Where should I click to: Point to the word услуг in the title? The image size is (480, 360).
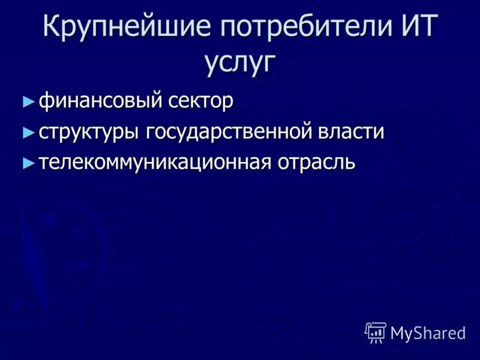pyautogui.click(x=240, y=61)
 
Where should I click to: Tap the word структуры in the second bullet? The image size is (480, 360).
pyautogui.click(x=88, y=132)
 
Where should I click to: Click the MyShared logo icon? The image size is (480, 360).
pyautogui.click(x=376, y=332)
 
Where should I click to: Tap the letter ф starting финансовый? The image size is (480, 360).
pyautogui.click(x=46, y=101)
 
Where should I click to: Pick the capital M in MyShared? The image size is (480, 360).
pyautogui.click(x=398, y=332)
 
